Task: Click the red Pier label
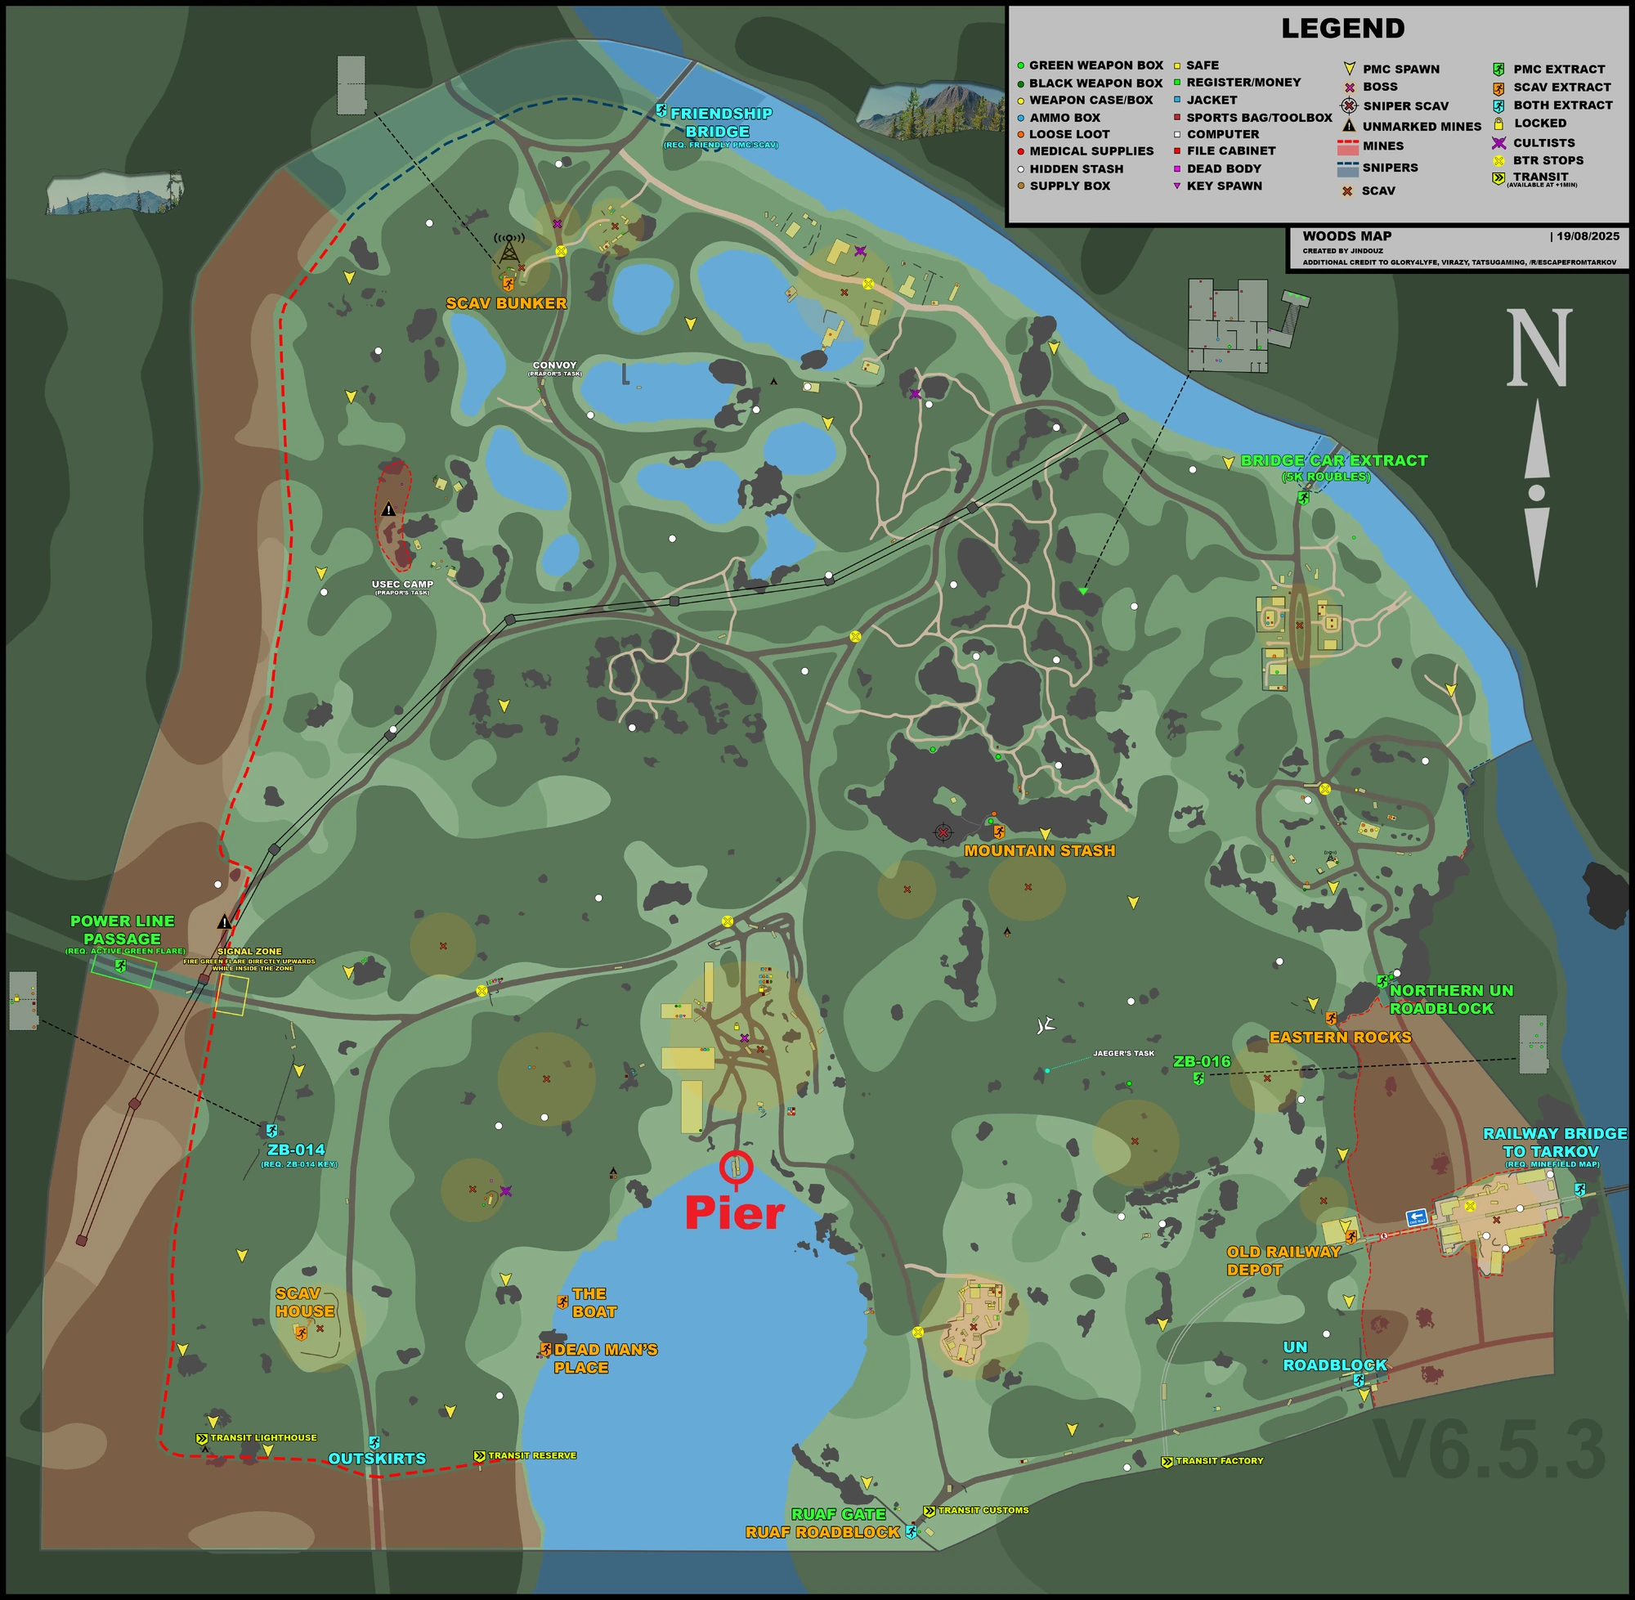pos(734,1213)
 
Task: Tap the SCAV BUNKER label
pos(506,303)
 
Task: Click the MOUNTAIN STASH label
pos(1039,850)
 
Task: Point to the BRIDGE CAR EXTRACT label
pos(1333,460)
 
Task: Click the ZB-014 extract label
pos(296,1150)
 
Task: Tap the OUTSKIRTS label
pos(376,1459)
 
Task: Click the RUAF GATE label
pos(838,1514)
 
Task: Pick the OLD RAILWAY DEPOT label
pos(1283,1261)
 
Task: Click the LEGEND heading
pos(1342,29)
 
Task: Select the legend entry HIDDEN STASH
pos(1076,169)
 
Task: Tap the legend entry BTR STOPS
pos(1548,160)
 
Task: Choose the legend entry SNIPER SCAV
pos(1404,106)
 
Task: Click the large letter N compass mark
pos(1538,348)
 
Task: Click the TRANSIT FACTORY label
pos(1218,1461)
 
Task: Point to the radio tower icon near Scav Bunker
pos(508,249)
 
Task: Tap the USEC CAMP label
pos(402,584)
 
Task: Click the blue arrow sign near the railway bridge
pos(1417,1217)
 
